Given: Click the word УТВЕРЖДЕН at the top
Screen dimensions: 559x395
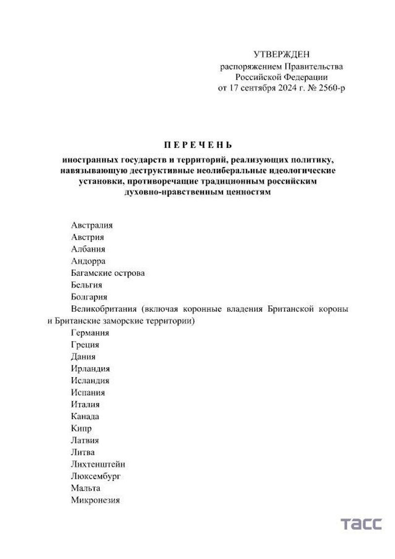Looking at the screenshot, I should point(282,54).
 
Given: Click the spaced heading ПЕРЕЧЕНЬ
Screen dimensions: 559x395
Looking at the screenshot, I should point(197,145).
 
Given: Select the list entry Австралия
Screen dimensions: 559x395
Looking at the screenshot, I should point(91,225).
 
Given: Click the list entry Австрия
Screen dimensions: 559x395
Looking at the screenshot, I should point(87,237).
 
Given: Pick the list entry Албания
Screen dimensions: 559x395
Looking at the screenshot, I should point(88,249).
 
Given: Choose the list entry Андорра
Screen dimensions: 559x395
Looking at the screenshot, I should point(88,261).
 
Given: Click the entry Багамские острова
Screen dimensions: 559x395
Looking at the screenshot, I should point(108,273).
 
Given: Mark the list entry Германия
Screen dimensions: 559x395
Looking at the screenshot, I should point(90,333).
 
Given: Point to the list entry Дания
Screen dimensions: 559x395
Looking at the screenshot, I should point(83,356).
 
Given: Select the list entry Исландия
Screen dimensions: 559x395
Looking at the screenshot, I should point(90,381).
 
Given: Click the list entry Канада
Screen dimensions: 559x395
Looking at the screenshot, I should point(85,416).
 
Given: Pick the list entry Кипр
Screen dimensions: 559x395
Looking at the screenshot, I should point(81,429).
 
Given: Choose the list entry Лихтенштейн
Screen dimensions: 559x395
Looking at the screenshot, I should point(98,465).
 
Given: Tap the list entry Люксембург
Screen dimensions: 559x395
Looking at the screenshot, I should point(96,476).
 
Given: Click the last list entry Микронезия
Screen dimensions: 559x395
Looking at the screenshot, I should point(95,500).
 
